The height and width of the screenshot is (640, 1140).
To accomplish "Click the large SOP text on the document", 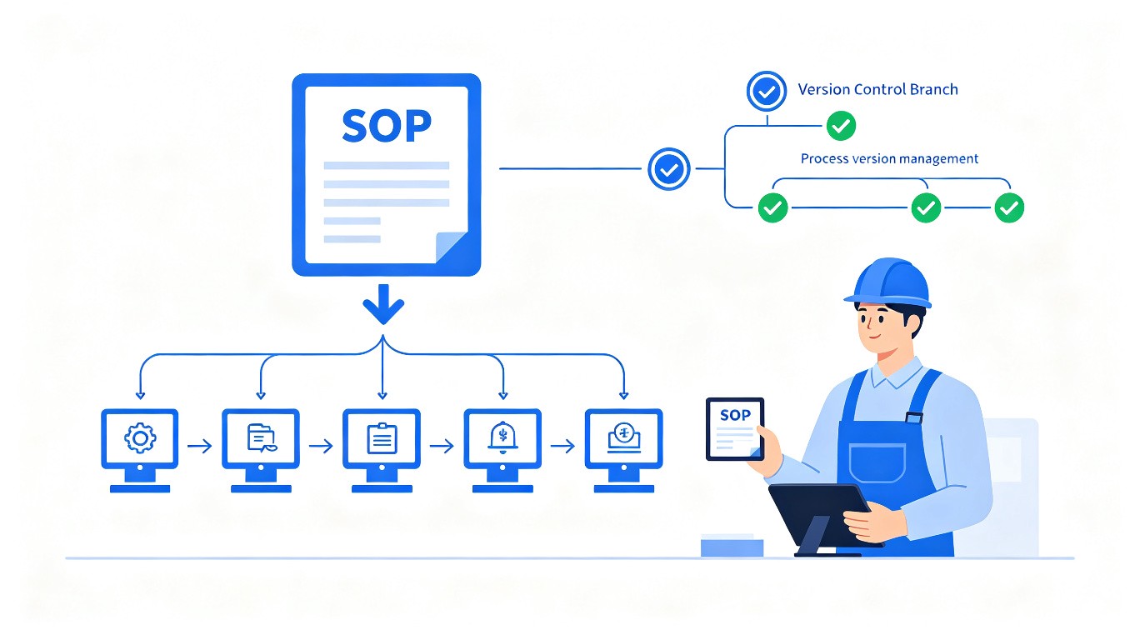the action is [387, 125].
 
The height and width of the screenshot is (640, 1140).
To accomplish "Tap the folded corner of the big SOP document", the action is [451, 247].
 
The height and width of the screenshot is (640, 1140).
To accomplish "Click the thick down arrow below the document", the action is [383, 303].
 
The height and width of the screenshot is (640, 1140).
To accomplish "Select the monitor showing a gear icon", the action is [140, 450].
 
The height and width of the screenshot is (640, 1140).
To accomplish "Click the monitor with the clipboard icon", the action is [382, 450].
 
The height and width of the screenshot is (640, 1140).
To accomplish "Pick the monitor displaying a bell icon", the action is [502, 450].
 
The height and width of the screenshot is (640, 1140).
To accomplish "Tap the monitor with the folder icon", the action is [261, 450].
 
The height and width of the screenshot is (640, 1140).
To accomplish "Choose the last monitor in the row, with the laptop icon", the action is [624, 450].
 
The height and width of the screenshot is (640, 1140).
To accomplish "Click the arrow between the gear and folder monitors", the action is [200, 446].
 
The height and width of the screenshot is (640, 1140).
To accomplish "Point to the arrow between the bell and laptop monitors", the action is [562, 446].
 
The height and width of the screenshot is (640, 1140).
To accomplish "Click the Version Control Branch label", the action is [877, 89].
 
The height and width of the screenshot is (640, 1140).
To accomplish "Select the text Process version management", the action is [890, 158].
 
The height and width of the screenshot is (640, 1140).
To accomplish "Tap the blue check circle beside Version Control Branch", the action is [767, 91].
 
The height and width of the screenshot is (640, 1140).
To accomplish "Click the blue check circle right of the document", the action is [668, 169].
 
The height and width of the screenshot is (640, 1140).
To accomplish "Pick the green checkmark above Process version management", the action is [841, 126].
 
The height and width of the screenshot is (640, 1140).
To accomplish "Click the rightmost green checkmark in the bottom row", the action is [1009, 207].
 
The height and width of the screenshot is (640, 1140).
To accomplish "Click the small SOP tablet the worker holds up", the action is [735, 429].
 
